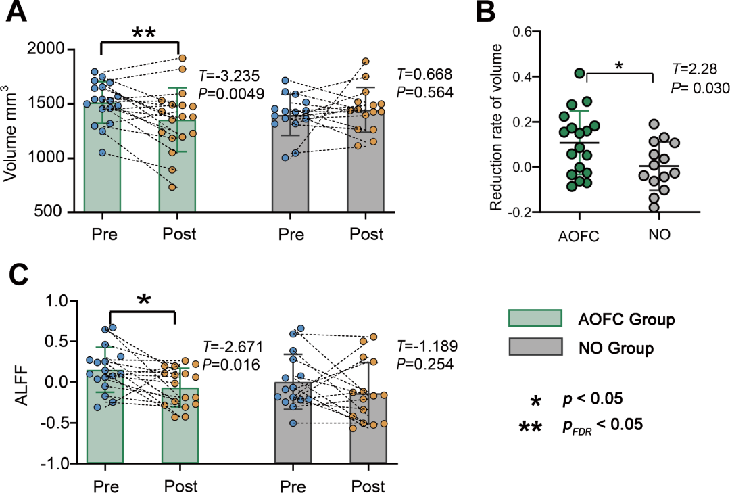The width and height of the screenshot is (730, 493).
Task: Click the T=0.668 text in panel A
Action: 424,74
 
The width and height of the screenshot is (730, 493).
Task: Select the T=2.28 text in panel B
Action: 692,69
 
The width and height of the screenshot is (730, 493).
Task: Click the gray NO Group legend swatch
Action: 535,346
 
